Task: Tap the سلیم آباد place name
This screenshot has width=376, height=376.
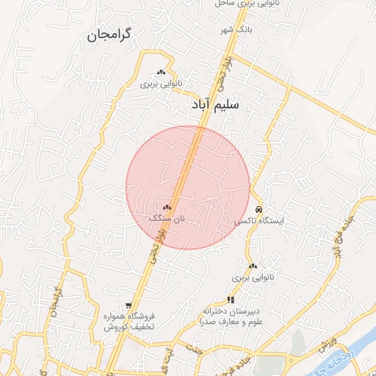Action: (x=215, y=106)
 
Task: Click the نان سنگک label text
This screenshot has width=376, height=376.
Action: (x=164, y=218)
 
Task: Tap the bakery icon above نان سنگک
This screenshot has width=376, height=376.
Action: (x=167, y=208)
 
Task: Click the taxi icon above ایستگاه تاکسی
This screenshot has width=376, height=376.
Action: (x=258, y=209)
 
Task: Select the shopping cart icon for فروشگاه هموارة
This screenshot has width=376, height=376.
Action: (x=129, y=305)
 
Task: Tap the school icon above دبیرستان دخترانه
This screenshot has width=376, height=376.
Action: (x=231, y=300)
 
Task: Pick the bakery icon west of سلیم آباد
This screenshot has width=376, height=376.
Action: (x=161, y=73)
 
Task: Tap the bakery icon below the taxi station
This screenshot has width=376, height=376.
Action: (x=253, y=266)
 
